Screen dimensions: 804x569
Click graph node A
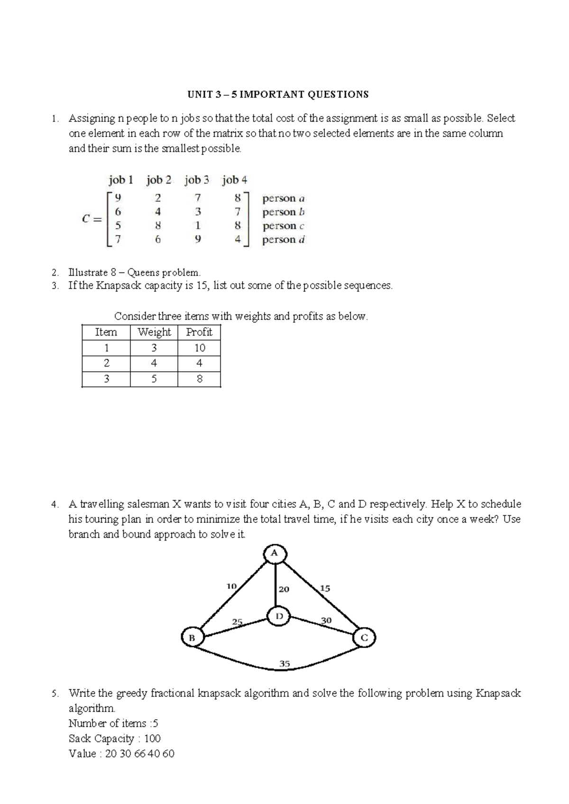[275, 553]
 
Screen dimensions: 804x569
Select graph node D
[279, 616]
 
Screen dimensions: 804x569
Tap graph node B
[192, 638]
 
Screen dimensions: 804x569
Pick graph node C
[364, 638]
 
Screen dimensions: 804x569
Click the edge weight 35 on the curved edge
[284, 664]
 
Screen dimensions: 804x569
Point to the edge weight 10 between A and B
[231, 586]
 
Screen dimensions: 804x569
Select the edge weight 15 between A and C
[325, 588]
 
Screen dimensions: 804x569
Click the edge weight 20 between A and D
[284, 589]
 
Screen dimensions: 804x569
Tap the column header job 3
[196, 180]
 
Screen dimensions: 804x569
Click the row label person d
[283, 239]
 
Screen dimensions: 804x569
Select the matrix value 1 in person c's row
[198, 226]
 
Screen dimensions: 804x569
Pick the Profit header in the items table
[199, 332]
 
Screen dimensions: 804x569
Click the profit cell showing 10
[199, 348]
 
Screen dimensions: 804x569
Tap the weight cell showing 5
[154, 379]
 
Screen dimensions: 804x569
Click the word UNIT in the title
[198, 94]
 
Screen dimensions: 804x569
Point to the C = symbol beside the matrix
[92, 219]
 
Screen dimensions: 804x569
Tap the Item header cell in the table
[106, 332]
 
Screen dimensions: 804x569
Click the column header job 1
[120, 180]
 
